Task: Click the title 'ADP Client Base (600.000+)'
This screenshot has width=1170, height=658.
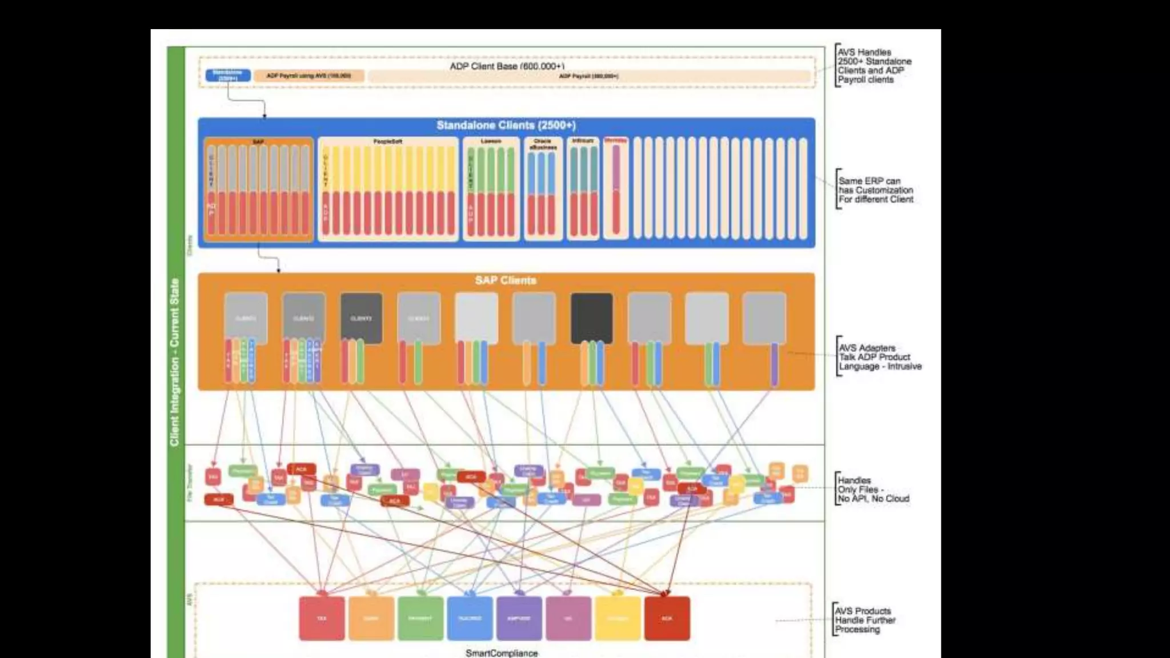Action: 507,66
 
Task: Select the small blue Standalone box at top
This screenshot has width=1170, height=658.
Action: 228,75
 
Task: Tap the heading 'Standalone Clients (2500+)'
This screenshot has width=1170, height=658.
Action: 506,125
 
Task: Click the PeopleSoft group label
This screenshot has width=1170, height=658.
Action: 388,142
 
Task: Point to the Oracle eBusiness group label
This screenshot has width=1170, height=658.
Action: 543,144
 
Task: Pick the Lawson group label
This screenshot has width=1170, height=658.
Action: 491,142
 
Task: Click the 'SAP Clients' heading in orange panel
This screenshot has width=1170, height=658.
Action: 506,280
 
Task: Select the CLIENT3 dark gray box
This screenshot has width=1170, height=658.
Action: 361,318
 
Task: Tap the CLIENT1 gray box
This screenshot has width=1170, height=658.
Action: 246,318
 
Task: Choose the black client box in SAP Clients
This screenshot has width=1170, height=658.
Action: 591,318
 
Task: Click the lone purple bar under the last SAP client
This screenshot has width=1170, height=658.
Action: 775,364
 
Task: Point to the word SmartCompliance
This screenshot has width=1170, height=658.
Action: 502,653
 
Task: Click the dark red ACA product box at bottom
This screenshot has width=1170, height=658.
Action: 667,619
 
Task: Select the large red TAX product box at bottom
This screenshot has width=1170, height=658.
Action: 322,619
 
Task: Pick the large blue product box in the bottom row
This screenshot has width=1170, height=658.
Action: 470,619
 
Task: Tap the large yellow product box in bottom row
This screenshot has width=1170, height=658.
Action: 618,619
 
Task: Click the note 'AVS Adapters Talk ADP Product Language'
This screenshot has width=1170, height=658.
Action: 879,357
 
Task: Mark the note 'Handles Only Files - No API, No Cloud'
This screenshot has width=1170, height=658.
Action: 873,490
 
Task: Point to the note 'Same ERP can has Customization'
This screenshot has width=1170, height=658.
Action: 875,190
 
